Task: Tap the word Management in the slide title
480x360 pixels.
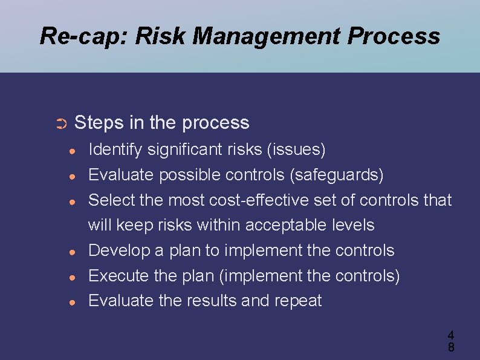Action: pos(239,36)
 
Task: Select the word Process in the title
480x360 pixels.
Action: pos(394,36)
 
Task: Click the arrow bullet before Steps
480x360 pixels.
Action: pos(60,124)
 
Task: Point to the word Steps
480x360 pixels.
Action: pos(99,123)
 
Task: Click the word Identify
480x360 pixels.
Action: pos(112,149)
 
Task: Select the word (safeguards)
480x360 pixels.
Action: pos(337,175)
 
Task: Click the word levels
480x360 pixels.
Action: pos(352,225)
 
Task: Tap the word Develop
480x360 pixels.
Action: pos(117,250)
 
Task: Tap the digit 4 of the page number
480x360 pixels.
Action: pos(450,335)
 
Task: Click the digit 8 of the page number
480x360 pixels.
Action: pos(450,347)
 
